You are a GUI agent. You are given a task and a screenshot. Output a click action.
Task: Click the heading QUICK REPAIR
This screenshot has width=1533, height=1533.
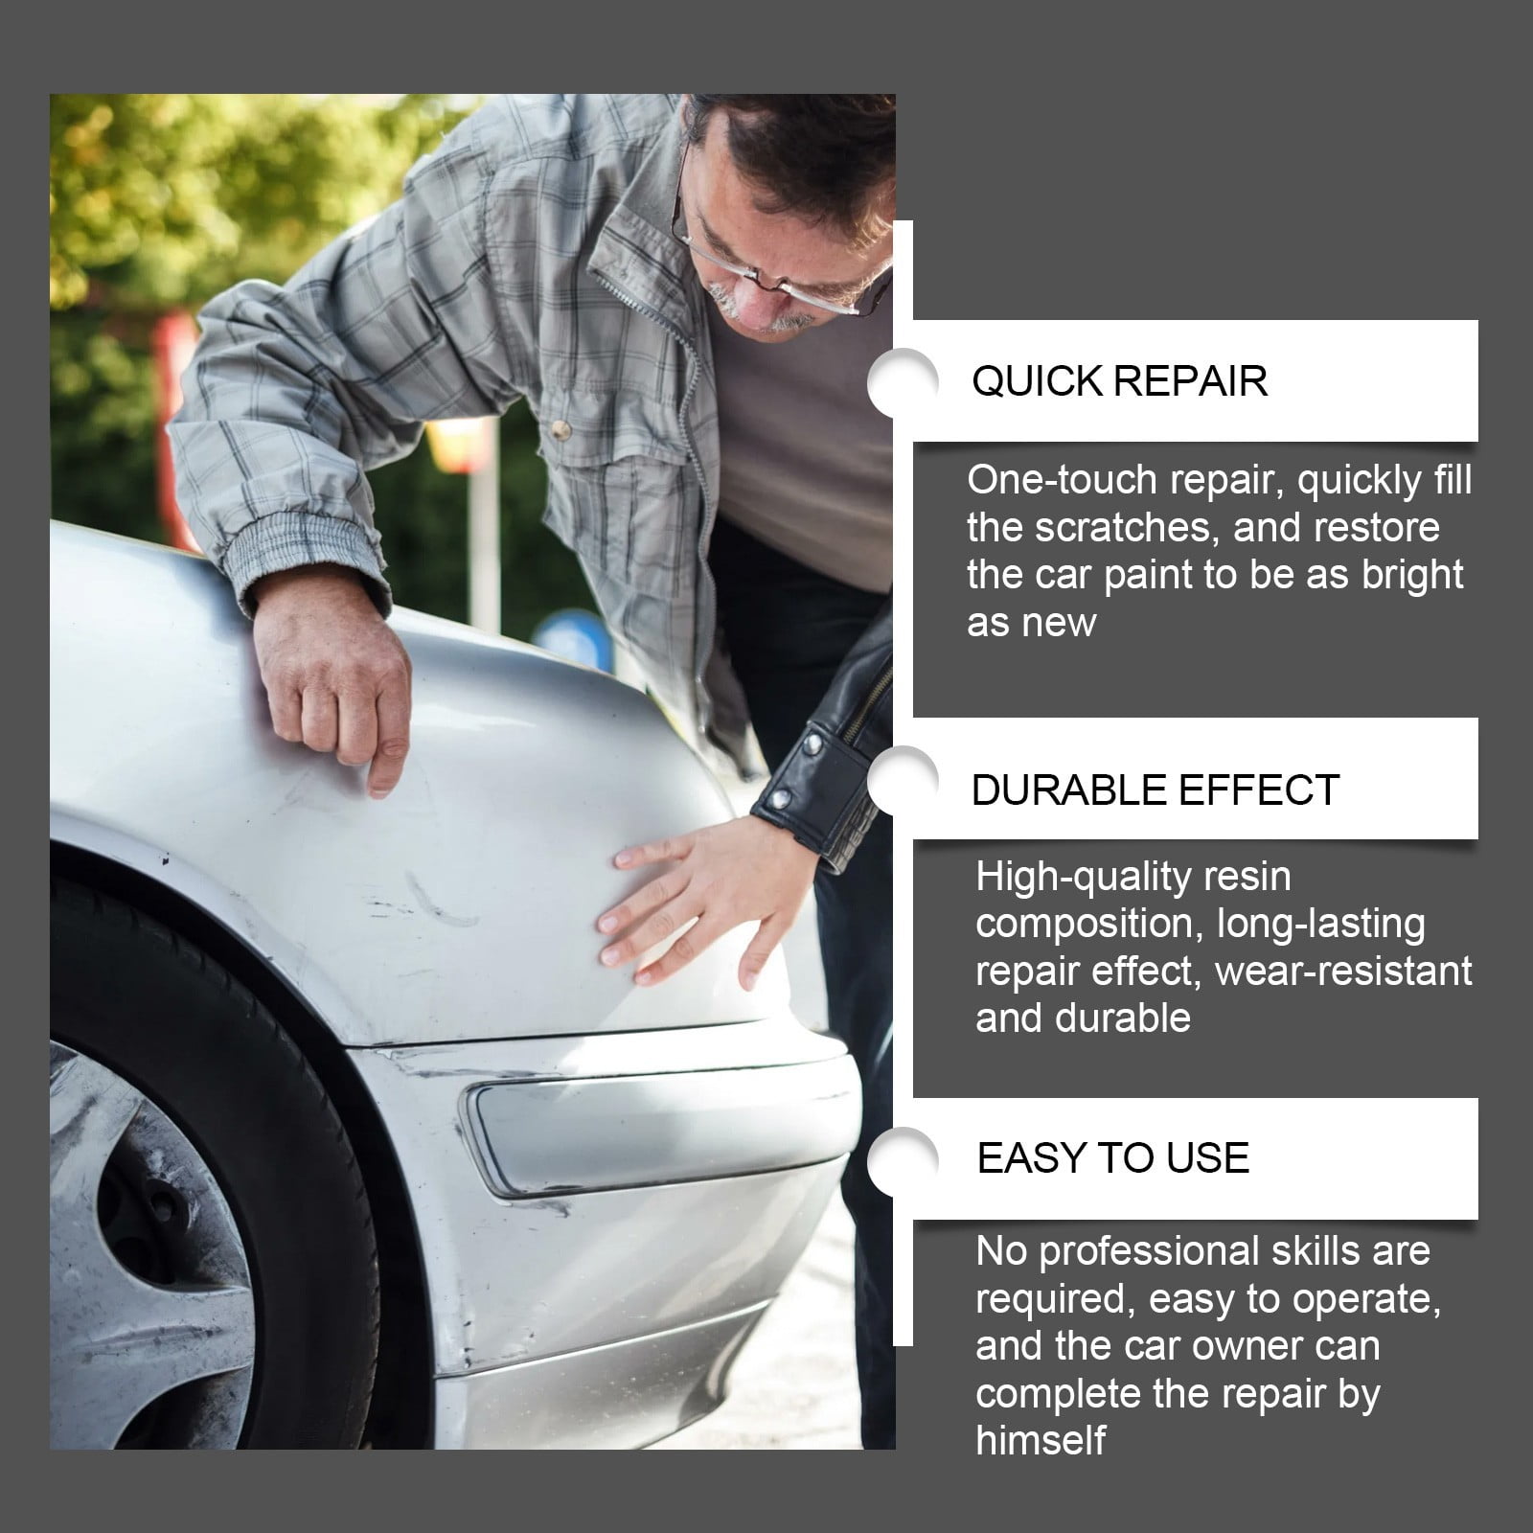1119,381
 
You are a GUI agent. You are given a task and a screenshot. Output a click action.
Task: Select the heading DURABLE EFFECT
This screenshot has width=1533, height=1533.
1155,790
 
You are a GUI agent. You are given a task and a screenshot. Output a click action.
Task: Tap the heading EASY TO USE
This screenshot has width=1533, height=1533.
1112,1158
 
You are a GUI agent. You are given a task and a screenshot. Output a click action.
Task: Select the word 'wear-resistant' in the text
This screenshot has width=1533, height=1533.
1343,972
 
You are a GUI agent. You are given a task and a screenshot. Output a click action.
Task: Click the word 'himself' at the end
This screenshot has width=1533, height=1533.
1041,1440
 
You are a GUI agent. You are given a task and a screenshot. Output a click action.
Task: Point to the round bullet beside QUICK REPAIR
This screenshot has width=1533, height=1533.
901,381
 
